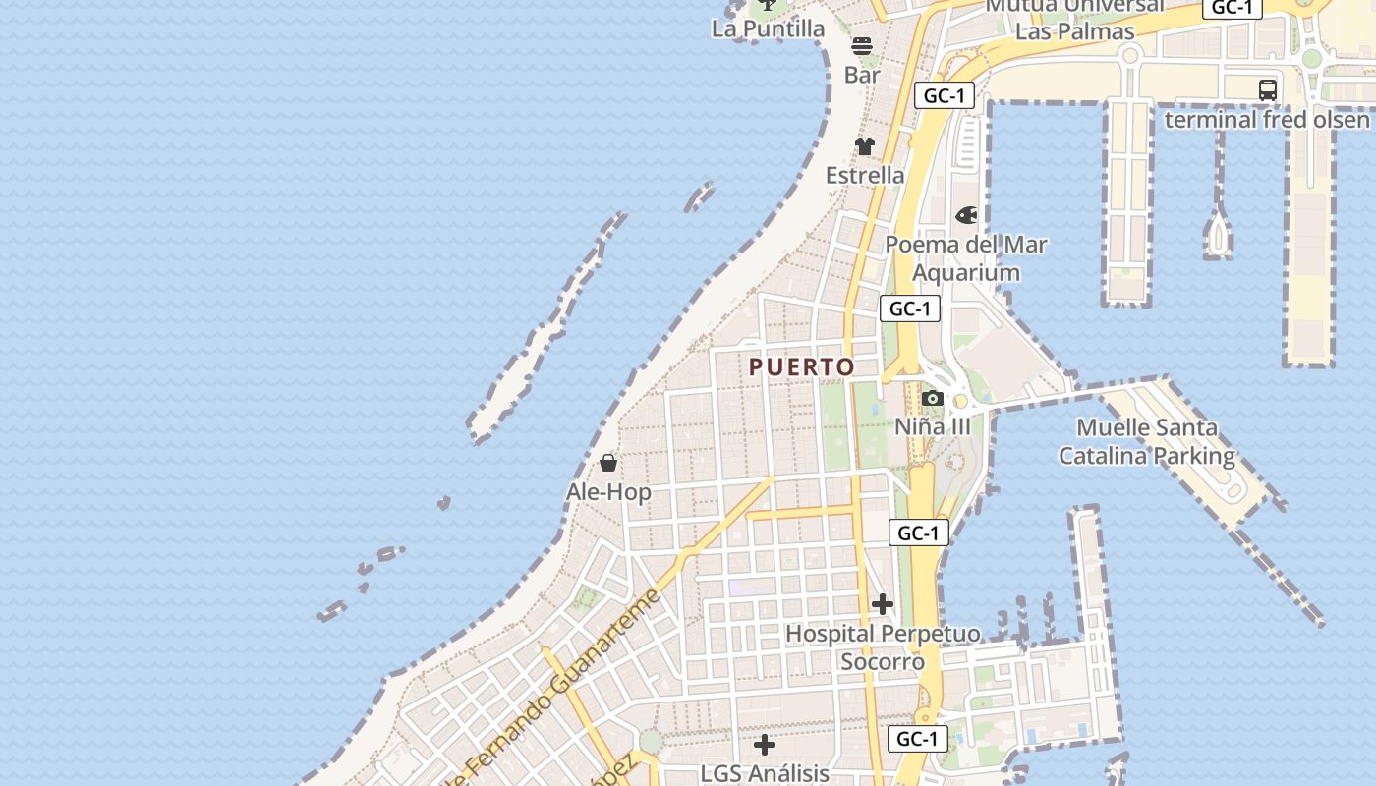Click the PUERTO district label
pyautogui.click(x=801, y=367)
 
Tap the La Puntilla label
pyautogui.click(x=768, y=28)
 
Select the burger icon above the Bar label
pyautogui.click(x=862, y=46)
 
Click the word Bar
pyautogui.click(x=862, y=75)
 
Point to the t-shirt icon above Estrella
pyautogui.click(x=864, y=146)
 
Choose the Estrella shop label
pyautogui.click(x=865, y=175)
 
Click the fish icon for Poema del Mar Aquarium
pyautogui.click(x=967, y=215)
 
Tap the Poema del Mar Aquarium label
pyautogui.click(x=966, y=258)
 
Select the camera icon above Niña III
pyautogui.click(x=933, y=398)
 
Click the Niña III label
pyautogui.click(x=933, y=426)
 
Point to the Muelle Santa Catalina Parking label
pyautogui.click(x=1146, y=442)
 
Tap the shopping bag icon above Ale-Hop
pyautogui.click(x=608, y=463)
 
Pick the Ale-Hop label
pyautogui.click(x=608, y=491)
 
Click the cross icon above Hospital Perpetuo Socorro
pyautogui.click(x=883, y=604)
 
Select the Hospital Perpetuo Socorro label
pyautogui.click(x=883, y=647)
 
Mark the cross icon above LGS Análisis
pyautogui.click(x=765, y=745)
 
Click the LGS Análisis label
pyautogui.click(x=765, y=773)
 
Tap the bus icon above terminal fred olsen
pyautogui.click(x=1268, y=90)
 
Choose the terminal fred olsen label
pyautogui.click(x=1267, y=120)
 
